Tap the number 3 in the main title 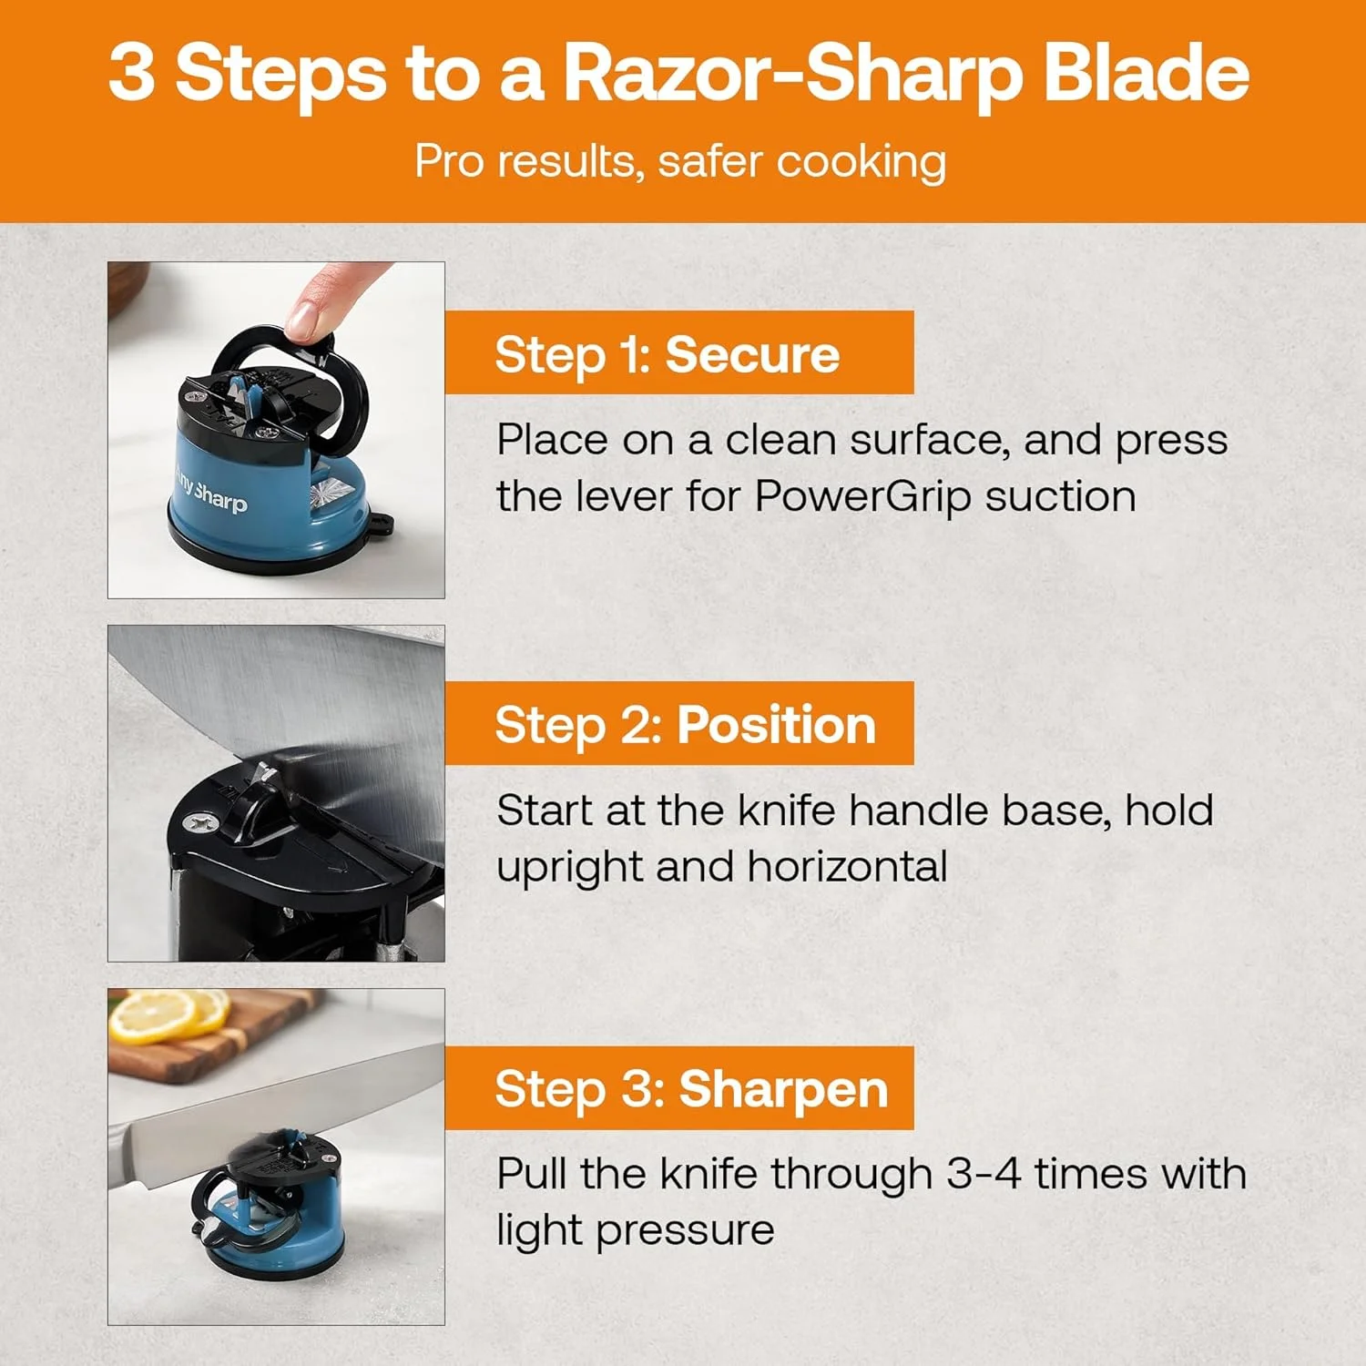point(131,73)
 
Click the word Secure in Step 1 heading point(752,354)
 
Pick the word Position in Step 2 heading point(776,725)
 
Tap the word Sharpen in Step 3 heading point(783,1088)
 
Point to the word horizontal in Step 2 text point(847,866)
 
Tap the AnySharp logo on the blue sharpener point(211,492)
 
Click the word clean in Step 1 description point(780,441)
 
